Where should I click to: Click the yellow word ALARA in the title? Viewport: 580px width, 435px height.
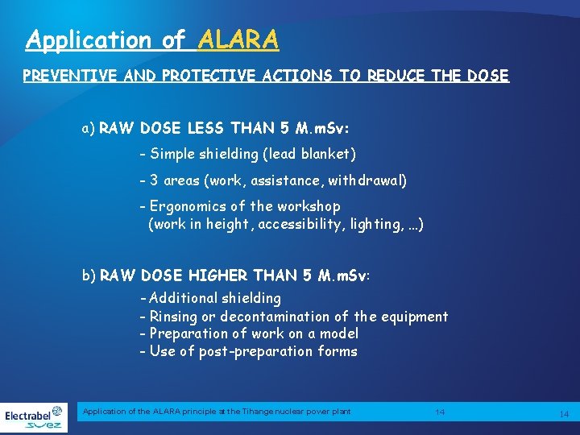tap(238, 39)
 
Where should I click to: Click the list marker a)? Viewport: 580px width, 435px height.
tap(89, 128)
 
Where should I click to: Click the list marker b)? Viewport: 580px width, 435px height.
tap(89, 275)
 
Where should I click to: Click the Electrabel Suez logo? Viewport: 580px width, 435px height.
tap(34, 417)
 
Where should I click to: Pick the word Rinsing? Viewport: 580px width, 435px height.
tap(176, 316)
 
